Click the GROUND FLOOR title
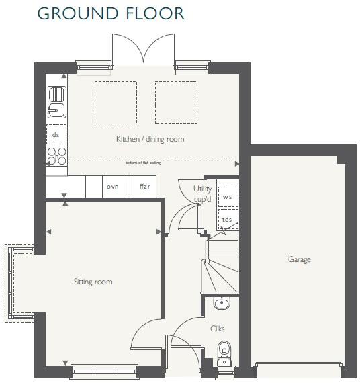111,13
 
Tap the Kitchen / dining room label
150,139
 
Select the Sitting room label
93,282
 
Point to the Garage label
299,259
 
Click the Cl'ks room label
217,329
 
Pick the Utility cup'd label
202,194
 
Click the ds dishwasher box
56,134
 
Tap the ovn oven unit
112,187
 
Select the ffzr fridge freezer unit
144,187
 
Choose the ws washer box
228,197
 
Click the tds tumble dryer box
228,219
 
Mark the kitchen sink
56,103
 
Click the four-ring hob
56,157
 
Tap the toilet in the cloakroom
225,350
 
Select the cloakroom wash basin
221,304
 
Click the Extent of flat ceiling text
143,163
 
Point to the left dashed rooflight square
115,103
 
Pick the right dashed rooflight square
176,103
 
